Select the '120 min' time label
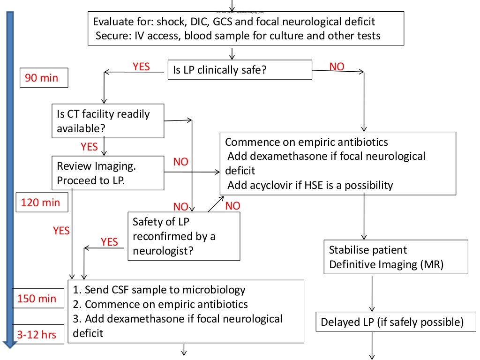click(x=41, y=202)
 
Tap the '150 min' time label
click(x=37, y=299)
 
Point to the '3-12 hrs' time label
click(x=37, y=334)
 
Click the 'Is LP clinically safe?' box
click(x=240, y=70)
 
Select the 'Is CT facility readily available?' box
click(x=108, y=121)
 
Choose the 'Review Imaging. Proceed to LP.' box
click(x=108, y=173)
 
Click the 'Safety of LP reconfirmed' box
click(x=184, y=236)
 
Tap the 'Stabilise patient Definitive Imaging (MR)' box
click(x=396, y=257)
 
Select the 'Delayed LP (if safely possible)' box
click(x=392, y=322)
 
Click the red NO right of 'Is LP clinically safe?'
click(x=337, y=67)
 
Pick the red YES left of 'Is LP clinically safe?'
click(x=141, y=67)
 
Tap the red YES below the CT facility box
click(x=89, y=147)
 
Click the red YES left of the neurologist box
click(x=109, y=241)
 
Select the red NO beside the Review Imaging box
click(x=180, y=162)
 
